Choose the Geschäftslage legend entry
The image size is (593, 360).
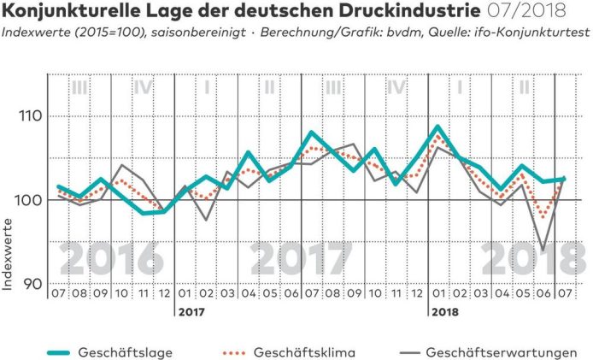tap(110, 352)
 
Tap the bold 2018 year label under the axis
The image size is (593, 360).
tap(442, 312)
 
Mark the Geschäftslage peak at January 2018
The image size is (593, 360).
tap(438, 127)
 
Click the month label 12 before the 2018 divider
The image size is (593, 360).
tap(418, 294)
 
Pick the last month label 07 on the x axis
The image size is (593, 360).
tap(564, 294)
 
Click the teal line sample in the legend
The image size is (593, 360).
tap(43, 352)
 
